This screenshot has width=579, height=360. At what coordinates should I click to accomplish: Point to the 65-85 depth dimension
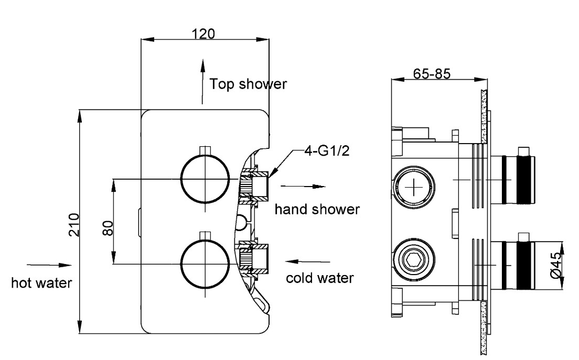431,74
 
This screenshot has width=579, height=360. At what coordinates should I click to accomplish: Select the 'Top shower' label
248,84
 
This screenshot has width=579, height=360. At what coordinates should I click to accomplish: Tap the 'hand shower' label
317,210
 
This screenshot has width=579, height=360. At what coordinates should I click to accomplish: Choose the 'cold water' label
319,277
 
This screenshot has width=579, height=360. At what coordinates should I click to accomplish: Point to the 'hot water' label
42,283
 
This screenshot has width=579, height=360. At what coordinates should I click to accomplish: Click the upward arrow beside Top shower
202,81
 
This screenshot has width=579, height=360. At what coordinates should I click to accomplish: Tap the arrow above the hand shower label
303,187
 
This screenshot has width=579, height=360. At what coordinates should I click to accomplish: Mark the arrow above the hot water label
46,265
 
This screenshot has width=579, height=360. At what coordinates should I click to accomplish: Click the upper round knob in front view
205,178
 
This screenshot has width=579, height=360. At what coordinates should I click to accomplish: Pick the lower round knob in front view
205,264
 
